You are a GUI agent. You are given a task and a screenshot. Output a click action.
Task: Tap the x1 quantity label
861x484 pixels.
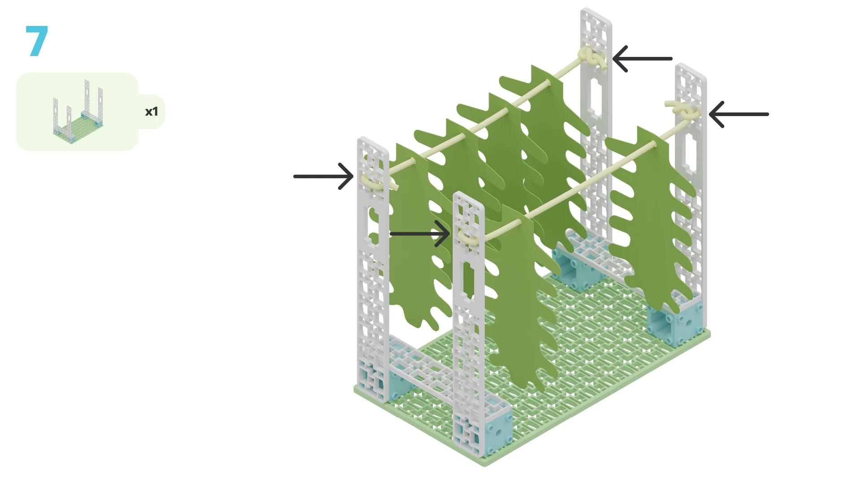coord(152,112)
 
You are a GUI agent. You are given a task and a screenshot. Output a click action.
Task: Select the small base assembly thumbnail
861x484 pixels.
coord(78,112)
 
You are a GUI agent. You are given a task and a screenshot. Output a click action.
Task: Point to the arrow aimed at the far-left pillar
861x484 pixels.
coord(323,176)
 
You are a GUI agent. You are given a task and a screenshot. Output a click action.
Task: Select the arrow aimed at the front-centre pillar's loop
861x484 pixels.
coord(420,233)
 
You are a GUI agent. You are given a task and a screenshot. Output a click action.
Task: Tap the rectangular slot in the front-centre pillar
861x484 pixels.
coord(469,280)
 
